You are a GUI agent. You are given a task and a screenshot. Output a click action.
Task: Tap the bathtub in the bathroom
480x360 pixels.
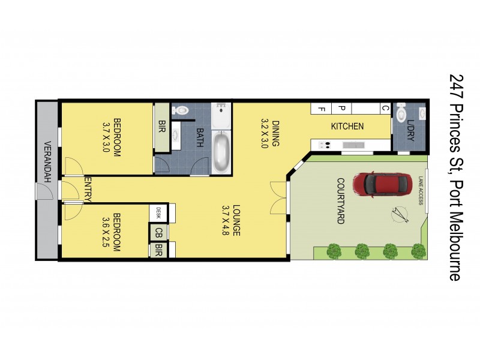pos(221,152)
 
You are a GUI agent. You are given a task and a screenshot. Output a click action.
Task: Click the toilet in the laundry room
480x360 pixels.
pos(403,112)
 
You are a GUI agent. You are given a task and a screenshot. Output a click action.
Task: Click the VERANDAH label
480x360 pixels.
pos(47,163)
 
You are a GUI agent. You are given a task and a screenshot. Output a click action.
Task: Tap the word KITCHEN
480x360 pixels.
pos(347,127)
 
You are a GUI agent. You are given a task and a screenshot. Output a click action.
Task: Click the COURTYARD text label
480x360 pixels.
pos(340,201)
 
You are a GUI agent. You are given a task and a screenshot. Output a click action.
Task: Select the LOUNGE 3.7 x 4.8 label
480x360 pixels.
pos(231,220)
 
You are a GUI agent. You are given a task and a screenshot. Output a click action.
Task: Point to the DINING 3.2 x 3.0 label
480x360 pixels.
pos(270,134)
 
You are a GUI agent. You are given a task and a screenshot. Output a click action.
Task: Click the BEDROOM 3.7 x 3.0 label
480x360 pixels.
pos(112,136)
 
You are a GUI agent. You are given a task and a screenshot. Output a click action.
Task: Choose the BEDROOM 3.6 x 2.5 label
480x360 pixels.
pos(112,231)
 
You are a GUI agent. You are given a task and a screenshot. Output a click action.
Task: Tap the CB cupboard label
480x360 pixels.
pos(159,232)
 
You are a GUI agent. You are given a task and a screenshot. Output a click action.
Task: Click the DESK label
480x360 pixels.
pos(158,212)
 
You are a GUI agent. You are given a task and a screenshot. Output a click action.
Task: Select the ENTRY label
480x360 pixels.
pos(88,190)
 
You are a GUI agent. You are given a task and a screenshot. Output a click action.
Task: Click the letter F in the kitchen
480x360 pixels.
pos(322,109)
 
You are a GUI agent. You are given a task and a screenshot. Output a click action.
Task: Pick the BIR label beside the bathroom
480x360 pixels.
pos(161,127)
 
